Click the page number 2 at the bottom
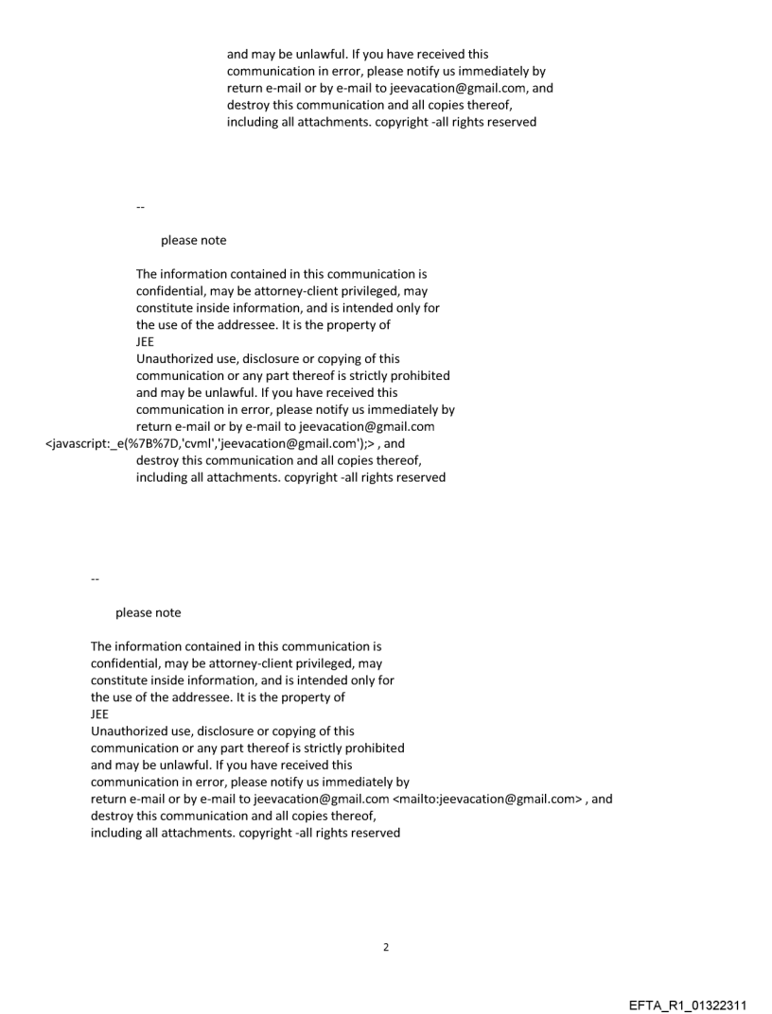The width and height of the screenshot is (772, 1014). [x=385, y=947]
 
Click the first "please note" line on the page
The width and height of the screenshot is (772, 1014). [x=193, y=240]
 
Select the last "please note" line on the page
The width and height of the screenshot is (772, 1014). [x=148, y=612]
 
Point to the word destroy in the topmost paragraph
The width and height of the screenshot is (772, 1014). [x=249, y=105]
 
